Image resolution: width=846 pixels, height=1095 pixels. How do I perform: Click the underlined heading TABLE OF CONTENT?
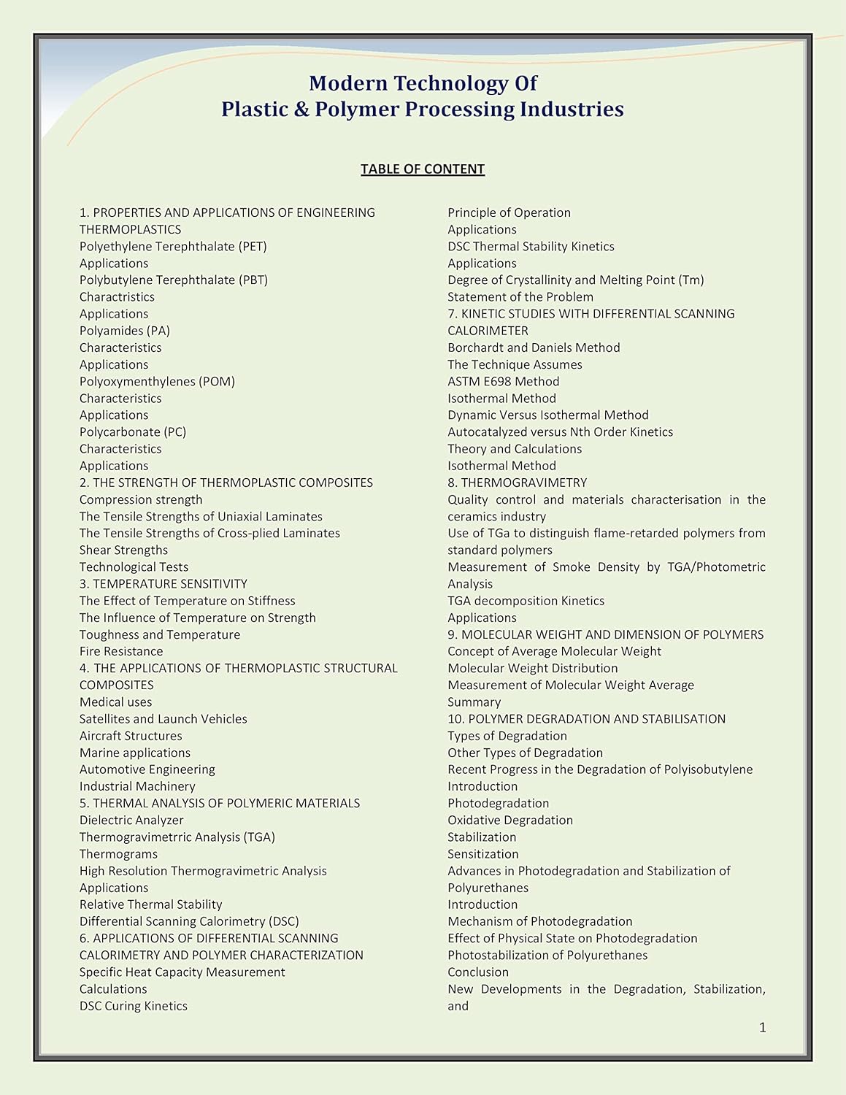(x=422, y=169)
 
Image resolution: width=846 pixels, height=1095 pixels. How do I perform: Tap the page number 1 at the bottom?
(x=763, y=1028)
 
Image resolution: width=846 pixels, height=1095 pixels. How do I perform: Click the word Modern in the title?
(x=347, y=83)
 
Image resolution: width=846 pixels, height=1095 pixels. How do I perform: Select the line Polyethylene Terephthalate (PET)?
(x=173, y=247)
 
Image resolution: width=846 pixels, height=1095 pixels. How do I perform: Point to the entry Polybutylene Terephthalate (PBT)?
(x=173, y=280)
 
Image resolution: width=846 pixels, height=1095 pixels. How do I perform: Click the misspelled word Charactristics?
(x=117, y=297)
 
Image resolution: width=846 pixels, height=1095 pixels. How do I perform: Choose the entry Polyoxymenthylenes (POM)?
(x=157, y=382)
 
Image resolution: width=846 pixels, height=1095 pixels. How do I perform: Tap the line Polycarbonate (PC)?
(x=133, y=432)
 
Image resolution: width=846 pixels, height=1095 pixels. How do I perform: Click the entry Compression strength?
(x=141, y=500)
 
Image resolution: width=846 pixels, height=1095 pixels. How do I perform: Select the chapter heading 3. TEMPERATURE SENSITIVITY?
(x=164, y=584)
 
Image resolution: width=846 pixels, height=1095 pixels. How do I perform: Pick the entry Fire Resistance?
(x=121, y=652)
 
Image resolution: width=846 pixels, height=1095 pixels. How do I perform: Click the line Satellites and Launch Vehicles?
(x=164, y=719)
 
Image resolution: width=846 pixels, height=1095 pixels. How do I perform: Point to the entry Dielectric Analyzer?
(x=131, y=821)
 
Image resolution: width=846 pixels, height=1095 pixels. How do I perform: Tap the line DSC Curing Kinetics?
(x=134, y=1006)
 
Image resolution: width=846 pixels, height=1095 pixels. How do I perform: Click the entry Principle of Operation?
(x=509, y=213)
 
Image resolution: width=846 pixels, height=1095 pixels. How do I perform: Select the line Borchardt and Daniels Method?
(x=534, y=348)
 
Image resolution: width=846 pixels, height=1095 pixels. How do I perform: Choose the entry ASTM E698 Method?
(x=503, y=382)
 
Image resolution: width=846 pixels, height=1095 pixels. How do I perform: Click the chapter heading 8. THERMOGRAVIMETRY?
(x=517, y=483)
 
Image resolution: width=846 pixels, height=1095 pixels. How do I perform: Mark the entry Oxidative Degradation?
(x=510, y=821)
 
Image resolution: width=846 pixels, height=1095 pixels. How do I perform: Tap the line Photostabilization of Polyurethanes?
(x=547, y=956)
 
